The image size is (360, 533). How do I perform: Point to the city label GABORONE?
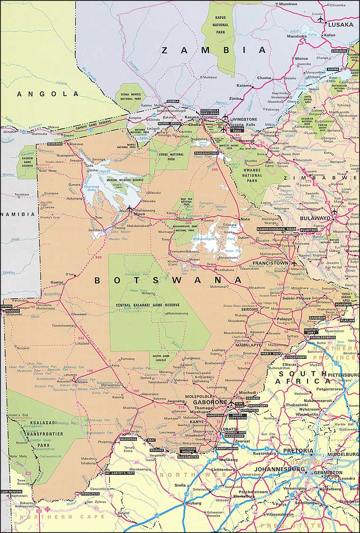[209, 402]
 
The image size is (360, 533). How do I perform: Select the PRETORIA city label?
[298, 450]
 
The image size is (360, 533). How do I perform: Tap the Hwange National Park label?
[252, 175]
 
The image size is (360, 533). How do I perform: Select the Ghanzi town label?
[57, 282]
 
